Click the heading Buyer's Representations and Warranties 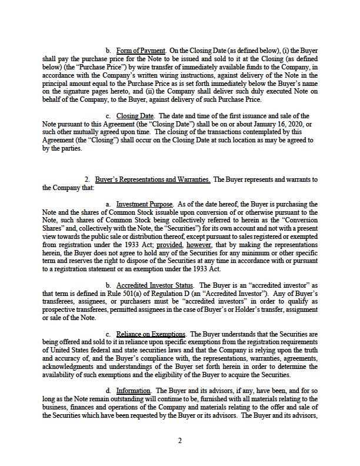[x=153, y=179]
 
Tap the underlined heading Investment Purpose [x=145, y=204]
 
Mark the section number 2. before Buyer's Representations [x=87, y=179]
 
